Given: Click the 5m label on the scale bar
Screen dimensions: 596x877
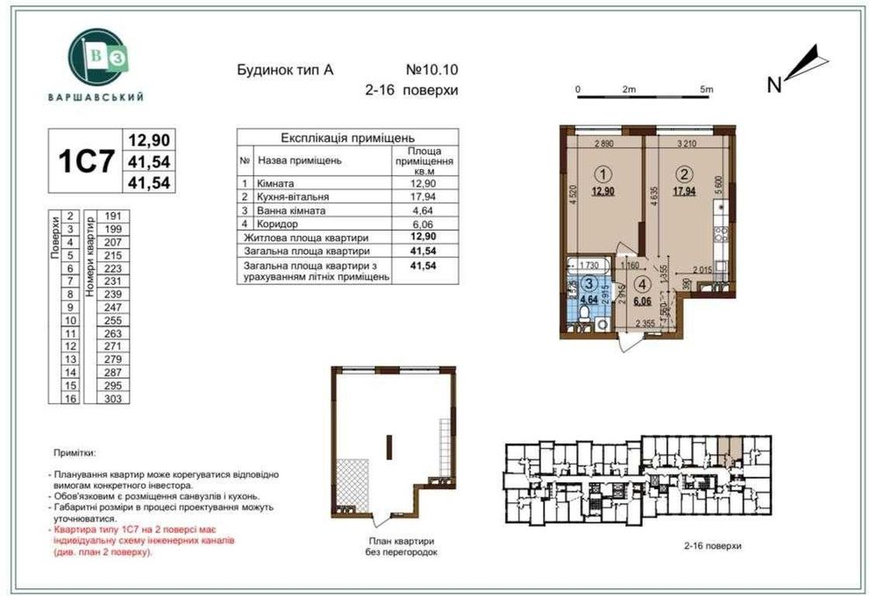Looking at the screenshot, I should [707, 89].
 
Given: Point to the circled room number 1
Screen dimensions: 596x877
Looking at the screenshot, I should [602, 174].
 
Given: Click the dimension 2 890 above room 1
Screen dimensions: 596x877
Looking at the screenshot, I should [602, 142].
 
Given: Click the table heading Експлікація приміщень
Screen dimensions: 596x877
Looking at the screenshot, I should [347, 138].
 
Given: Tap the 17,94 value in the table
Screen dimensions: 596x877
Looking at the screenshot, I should [424, 197].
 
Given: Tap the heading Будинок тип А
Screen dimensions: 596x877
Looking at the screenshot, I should [285, 69].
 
